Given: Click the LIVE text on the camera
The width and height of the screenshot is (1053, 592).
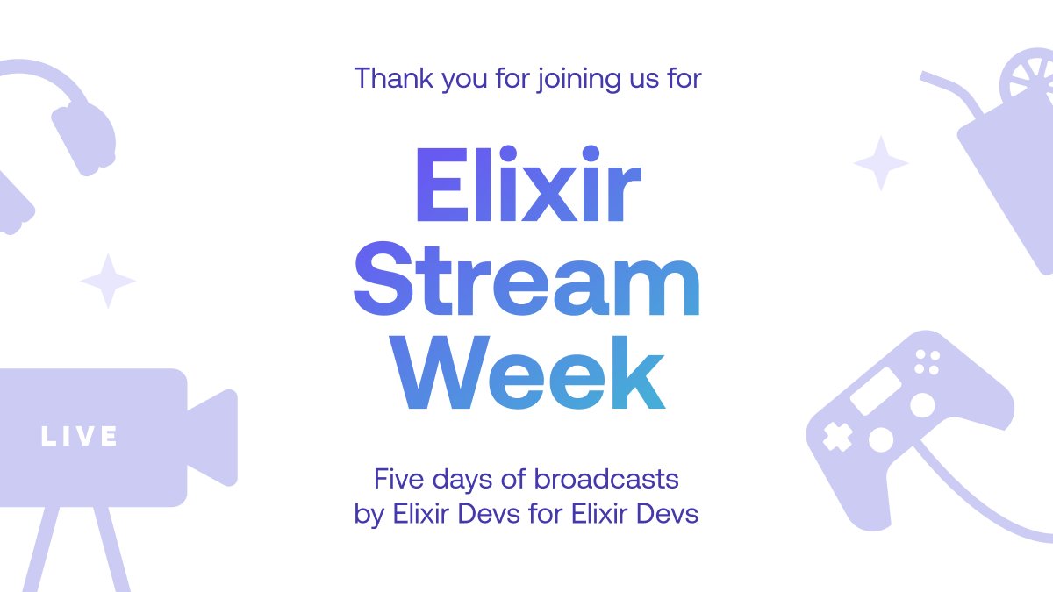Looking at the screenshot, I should point(79,436).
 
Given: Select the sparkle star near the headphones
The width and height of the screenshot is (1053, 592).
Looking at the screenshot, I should point(108,281).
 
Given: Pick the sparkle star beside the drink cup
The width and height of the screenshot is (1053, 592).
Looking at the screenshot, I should point(881,163).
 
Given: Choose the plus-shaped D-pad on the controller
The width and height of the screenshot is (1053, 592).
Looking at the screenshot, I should point(836,436).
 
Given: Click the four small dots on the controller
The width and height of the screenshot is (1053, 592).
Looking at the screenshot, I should point(927,361).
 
